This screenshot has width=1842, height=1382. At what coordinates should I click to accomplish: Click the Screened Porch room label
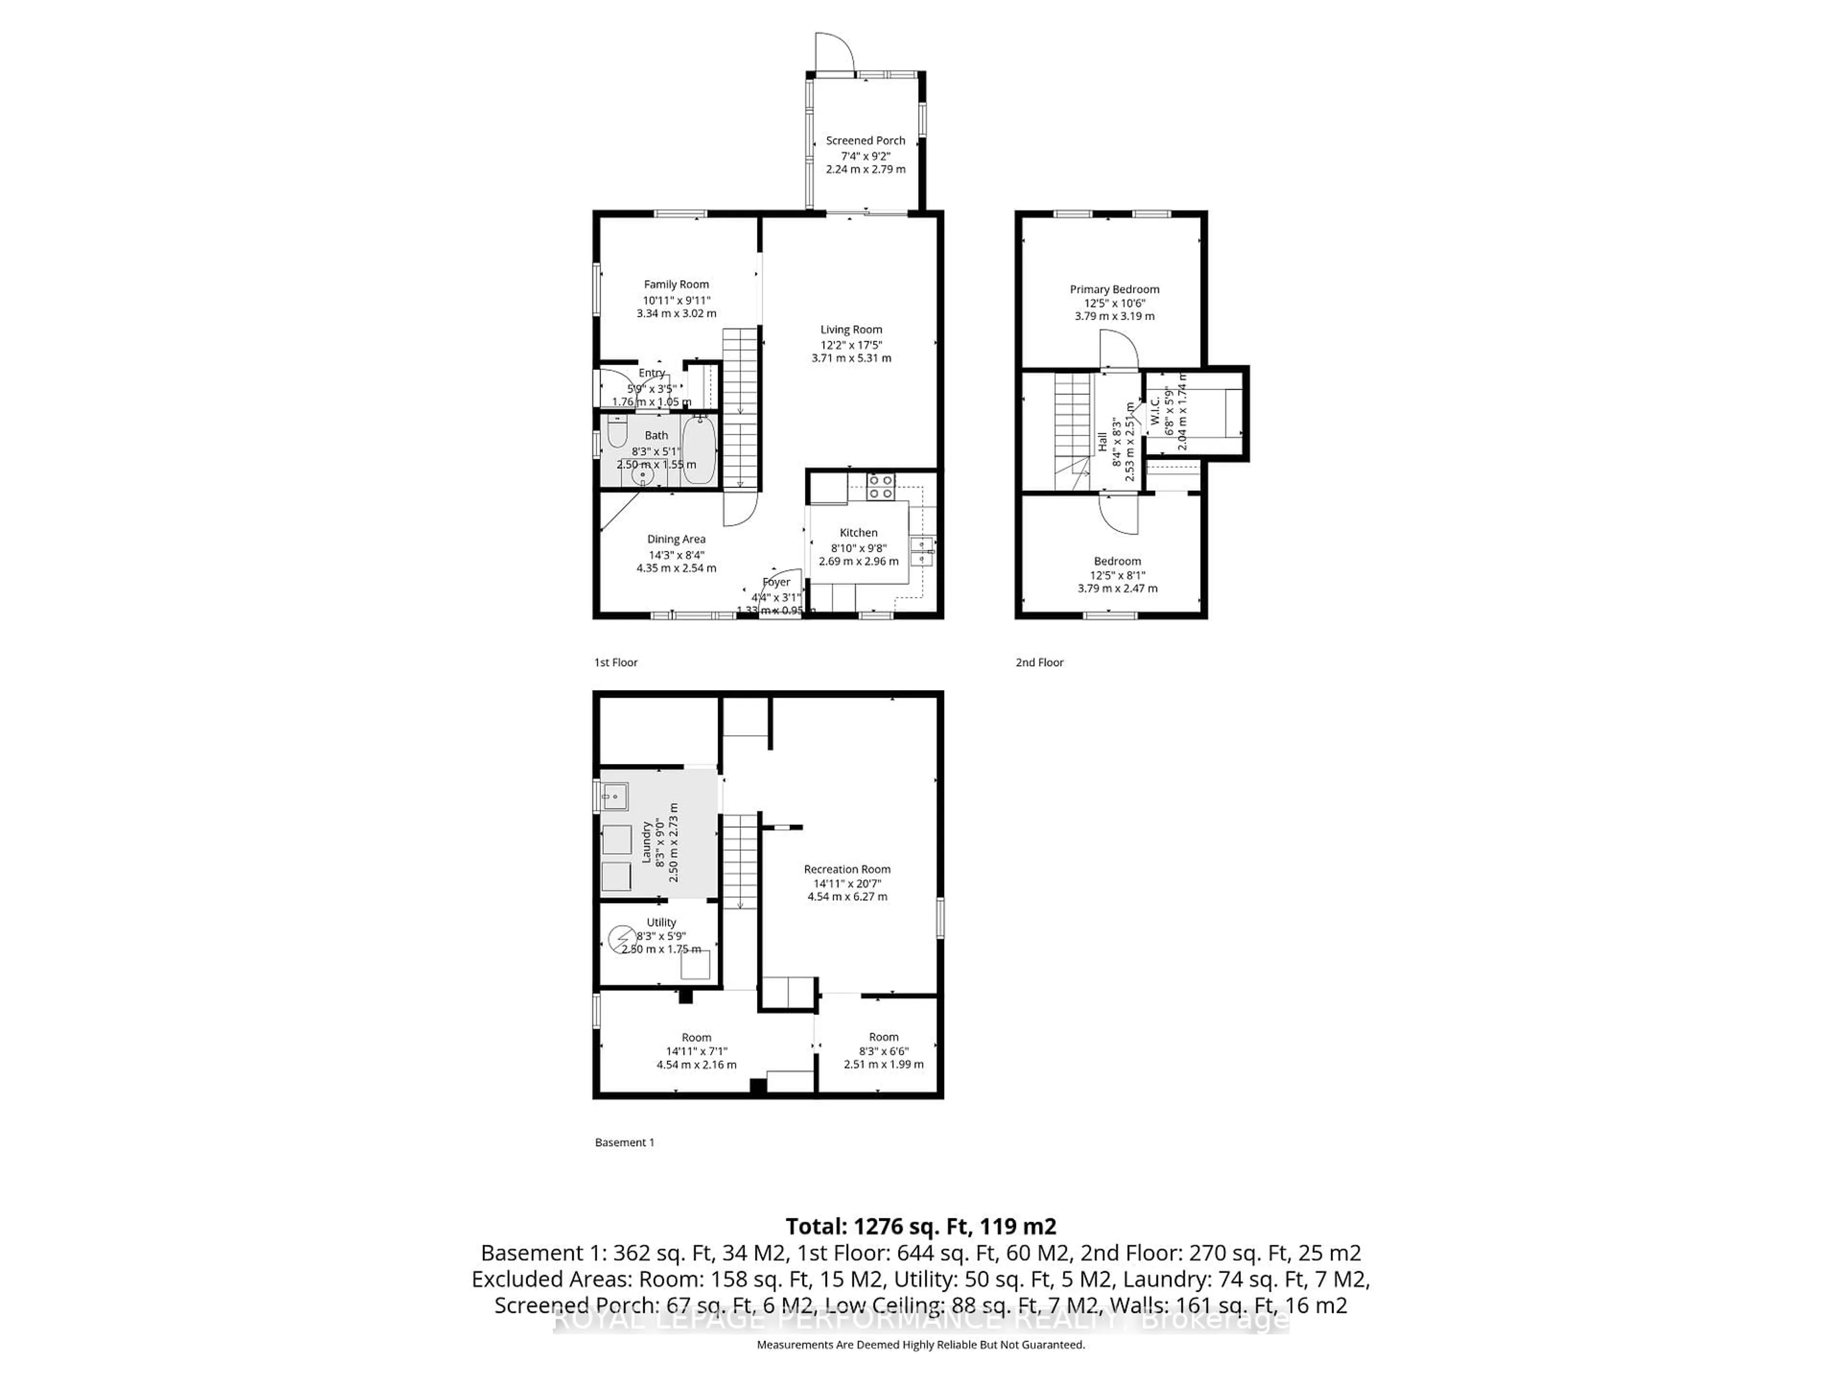865,141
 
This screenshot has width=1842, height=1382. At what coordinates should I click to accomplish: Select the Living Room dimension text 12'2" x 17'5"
851,344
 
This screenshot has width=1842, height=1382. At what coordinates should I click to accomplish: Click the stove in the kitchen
880,487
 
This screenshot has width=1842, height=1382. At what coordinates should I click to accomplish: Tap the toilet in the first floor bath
617,434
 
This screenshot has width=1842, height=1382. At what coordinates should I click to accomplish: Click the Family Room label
676,284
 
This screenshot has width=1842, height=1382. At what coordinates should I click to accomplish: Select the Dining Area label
676,539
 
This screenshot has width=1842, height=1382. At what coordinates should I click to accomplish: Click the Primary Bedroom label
1114,289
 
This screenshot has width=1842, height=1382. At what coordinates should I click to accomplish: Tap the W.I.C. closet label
1155,411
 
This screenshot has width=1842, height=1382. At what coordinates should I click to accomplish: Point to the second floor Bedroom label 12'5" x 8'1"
1118,575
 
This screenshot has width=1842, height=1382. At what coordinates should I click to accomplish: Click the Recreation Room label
847,869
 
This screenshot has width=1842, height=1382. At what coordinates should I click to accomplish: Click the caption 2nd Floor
1039,662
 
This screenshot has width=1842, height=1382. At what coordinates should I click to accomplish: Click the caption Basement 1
625,1142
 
